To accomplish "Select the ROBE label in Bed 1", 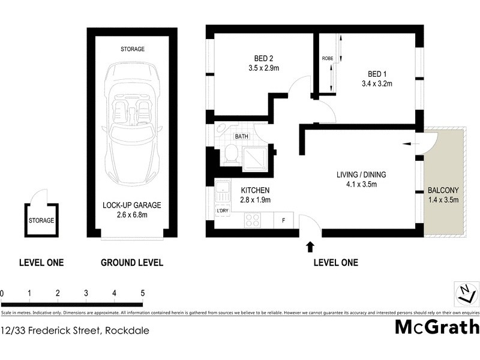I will (327, 58).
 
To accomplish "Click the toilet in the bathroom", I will (229, 155).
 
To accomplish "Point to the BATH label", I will (241, 137).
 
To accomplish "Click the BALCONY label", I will (443, 191).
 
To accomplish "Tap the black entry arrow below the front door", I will (310, 246).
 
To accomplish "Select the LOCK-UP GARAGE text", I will (131, 205).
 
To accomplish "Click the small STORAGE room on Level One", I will (41, 220).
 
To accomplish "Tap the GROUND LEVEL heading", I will (131, 262).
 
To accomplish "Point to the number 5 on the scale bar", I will (142, 293).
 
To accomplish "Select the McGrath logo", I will (437, 327).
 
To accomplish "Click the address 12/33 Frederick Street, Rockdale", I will (75, 330).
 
